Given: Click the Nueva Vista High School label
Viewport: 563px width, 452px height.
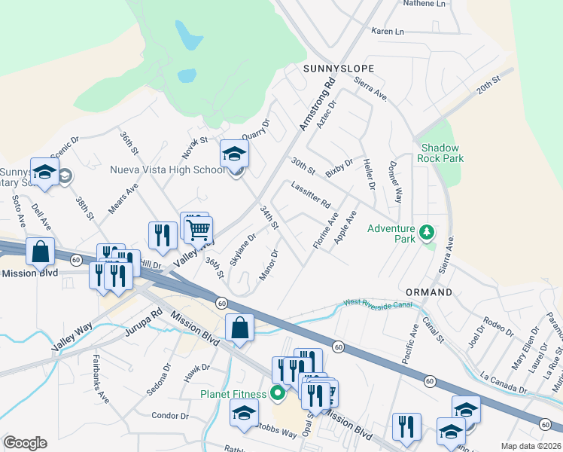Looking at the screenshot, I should (x=167, y=169).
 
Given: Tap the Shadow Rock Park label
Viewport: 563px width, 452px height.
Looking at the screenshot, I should (x=442, y=153).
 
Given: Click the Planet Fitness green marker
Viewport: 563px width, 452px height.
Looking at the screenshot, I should (x=277, y=393).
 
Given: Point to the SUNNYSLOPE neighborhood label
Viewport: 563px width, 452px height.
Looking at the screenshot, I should (x=338, y=68).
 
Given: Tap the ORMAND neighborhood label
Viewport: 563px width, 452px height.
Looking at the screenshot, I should (x=429, y=292).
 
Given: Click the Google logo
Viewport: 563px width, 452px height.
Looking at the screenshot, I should (x=25, y=443).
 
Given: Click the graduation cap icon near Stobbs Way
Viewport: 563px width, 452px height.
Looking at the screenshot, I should (x=244, y=413).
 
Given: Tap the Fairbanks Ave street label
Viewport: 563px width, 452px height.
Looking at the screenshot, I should (x=101, y=378).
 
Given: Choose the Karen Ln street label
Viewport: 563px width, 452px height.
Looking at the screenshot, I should (x=388, y=32).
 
